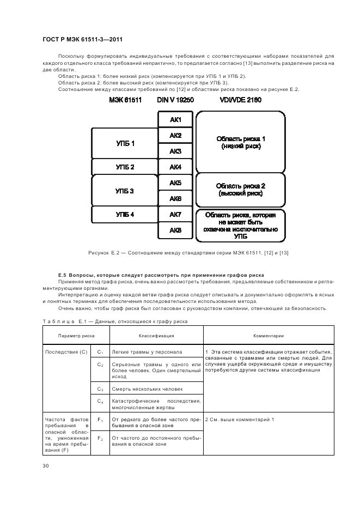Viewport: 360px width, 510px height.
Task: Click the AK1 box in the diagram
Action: (175, 119)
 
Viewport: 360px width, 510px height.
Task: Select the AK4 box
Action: (175, 167)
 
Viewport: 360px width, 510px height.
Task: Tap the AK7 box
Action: (175, 215)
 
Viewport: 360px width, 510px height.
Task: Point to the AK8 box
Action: (175, 230)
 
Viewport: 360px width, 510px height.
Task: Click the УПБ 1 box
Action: (125, 143)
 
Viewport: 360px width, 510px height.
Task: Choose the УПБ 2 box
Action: (125, 167)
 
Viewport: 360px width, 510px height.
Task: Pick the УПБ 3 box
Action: (125, 191)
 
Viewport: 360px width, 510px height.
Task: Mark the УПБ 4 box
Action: (125, 215)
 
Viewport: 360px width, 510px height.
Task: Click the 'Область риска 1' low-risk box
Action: (240, 142)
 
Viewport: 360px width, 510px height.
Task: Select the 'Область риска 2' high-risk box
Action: (240, 190)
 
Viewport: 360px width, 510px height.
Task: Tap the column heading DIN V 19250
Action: (175, 100)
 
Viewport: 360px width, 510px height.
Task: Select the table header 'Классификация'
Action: (156, 336)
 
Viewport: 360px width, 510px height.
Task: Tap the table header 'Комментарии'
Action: (269, 336)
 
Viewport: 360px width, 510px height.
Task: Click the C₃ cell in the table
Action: (100, 390)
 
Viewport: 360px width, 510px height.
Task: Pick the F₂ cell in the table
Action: (100, 438)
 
